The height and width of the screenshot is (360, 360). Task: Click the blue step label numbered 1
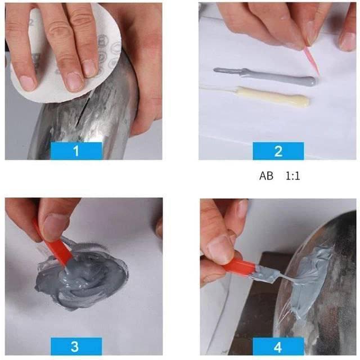point(76,151)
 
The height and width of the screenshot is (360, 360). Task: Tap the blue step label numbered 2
point(278,151)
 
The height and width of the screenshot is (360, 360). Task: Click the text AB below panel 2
point(266,175)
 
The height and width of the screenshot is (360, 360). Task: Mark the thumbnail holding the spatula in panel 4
point(221,248)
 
